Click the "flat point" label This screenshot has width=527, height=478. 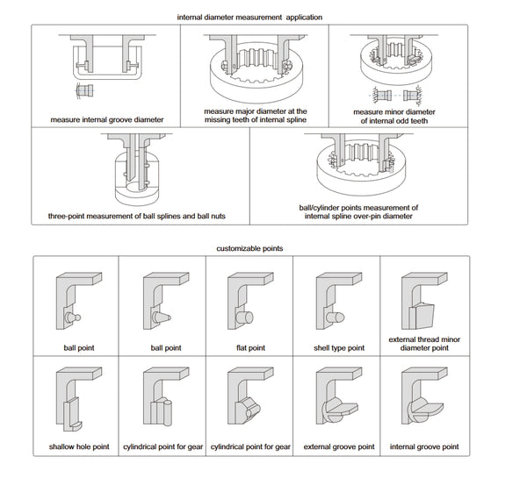(x=250, y=347)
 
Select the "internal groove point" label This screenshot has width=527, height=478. (x=424, y=446)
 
